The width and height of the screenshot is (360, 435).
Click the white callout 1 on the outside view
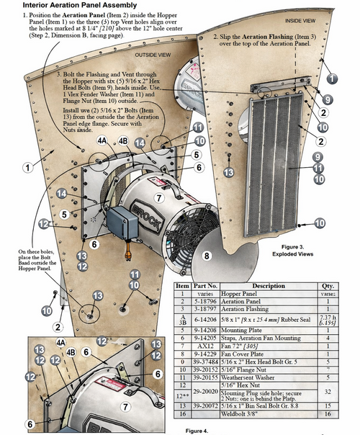(27, 167)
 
